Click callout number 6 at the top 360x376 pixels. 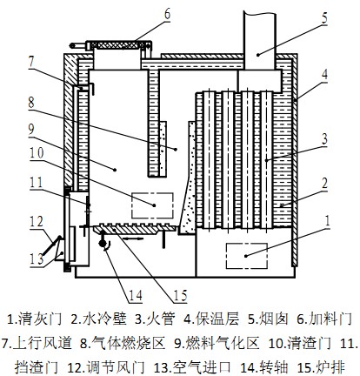pyautogui.click(x=168, y=15)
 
